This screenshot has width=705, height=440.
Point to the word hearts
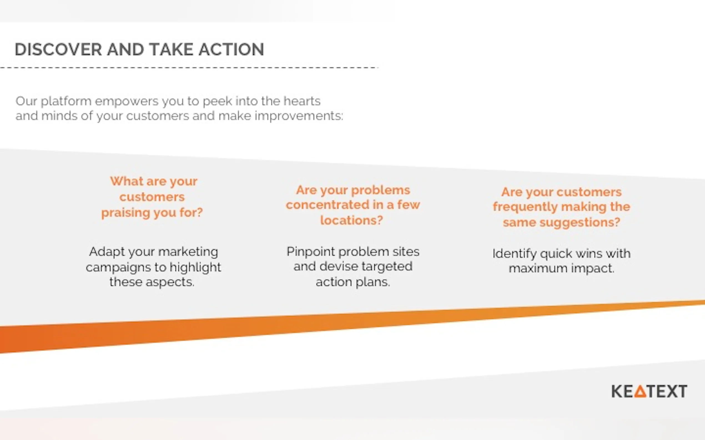[302, 101]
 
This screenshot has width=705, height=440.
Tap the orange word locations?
[351, 220]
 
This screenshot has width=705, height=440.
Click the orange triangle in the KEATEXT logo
[640, 391]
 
